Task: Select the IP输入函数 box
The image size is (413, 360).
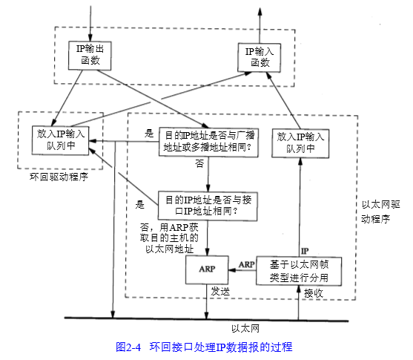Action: tap(260, 57)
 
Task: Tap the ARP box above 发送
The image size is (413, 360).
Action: tap(207, 269)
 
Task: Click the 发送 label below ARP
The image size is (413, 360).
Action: tap(219, 292)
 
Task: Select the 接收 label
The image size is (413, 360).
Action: tap(314, 293)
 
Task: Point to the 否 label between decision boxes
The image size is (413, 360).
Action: tap(199, 163)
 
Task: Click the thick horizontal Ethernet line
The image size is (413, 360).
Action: tap(208, 319)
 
